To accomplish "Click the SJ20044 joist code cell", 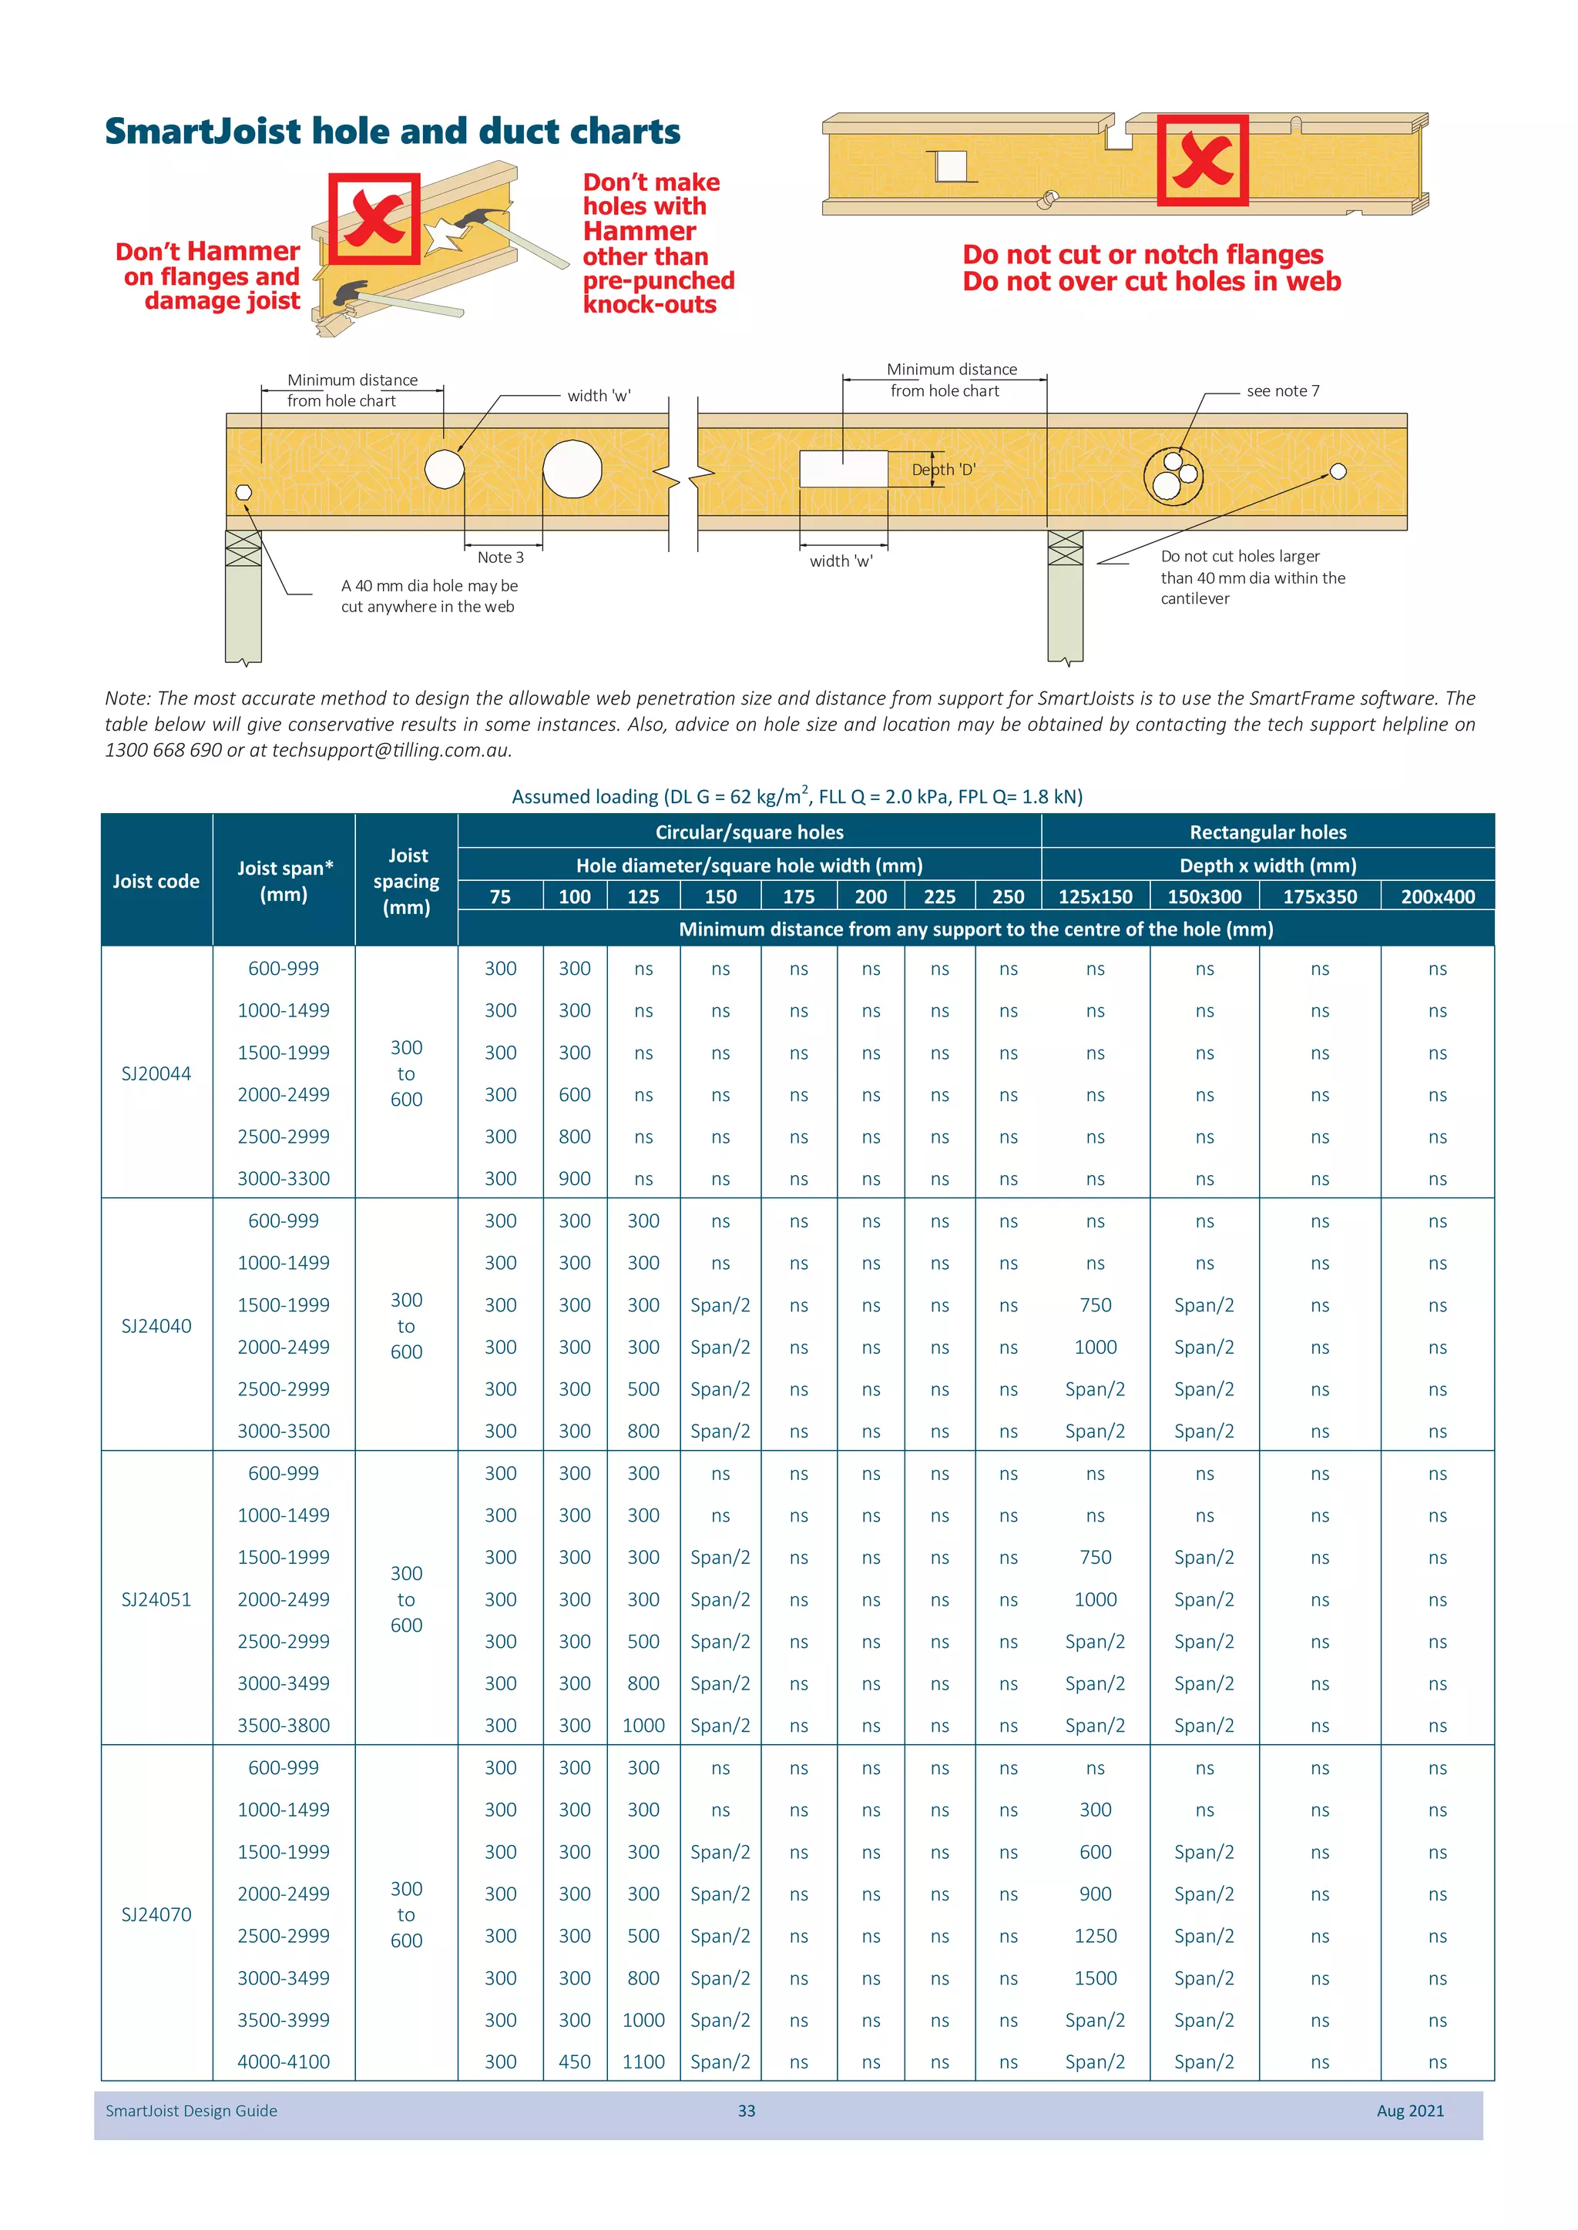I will coord(156,1073).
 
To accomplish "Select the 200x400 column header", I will coord(1437,896).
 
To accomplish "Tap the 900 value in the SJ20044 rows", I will coord(574,1178).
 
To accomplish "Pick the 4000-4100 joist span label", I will coord(284,2061).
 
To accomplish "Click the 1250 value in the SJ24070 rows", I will coord(1095,1936).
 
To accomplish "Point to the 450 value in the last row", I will coord(574,2061).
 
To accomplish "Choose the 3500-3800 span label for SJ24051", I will coord(284,1725).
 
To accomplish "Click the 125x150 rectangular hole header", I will coord(1095,896).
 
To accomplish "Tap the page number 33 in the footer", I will coord(747,2111).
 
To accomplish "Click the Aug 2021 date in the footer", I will coord(1410,2111).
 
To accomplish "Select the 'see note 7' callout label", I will coord(1283,390).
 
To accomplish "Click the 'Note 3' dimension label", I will coord(500,557).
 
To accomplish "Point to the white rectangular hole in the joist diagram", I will coord(842,469).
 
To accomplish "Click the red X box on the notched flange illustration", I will coord(1202,160).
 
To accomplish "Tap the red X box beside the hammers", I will coord(374,219).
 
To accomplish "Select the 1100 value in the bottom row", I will coord(643,2061).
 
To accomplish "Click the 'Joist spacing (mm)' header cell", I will coord(406,881).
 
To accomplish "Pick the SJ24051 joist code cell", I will coord(156,1599).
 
